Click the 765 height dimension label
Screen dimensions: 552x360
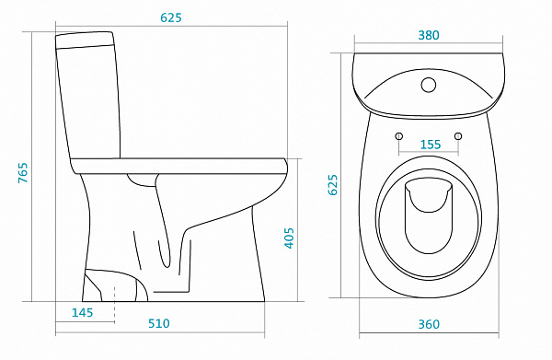pyautogui.click(x=23, y=172)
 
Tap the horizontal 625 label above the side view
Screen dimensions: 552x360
pyautogui.click(x=171, y=17)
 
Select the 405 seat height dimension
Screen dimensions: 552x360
pyautogui.click(x=289, y=238)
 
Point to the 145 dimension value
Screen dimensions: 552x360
pyautogui.click(x=83, y=312)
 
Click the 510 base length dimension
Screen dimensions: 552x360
pyautogui.click(x=159, y=323)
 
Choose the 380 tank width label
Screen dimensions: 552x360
pyautogui.click(x=429, y=35)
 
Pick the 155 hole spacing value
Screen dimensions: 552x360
pyautogui.click(x=431, y=145)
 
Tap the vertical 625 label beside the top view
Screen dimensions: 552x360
pyautogui.click(x=333, y=184)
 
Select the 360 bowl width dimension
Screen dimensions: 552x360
pyautogui.click(x=429, y=324)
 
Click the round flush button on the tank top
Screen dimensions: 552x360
pyautogui.click(x=429, y=85)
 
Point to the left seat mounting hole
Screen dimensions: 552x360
pyautogui.click(x=399, y=136)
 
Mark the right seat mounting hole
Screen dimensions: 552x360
pyautogui.click(x=458, y=136)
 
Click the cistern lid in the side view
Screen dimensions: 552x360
pyautogui.click(x=85, y=40)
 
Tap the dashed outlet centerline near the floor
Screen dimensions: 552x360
pyautogui.click(x=114, y=304)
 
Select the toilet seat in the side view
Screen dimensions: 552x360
pyautogui.click(x=179, y=166)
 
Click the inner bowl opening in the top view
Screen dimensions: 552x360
pyautogui.click(x=428, y=215)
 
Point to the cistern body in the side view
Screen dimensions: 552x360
pyautogui.click(x=89, y=102)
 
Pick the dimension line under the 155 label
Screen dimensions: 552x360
pyautogui.click(x=429, y=154)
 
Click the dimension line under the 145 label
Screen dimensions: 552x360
pyautogui.click(x=85, y=322)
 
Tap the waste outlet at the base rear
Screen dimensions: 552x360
pyautogui.click(x=115, y=285)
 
